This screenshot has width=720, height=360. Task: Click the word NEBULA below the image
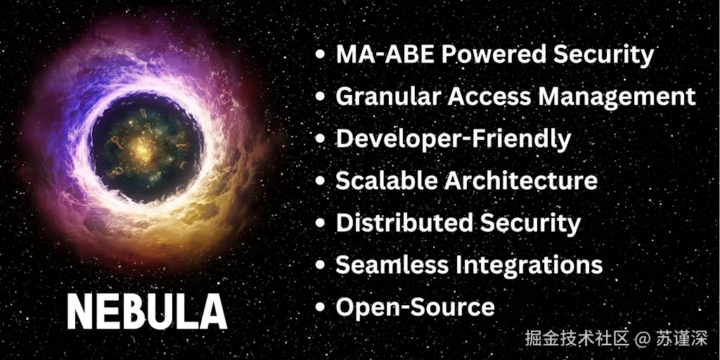tap(147, 311)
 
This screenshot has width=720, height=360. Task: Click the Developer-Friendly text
tap(453, 139)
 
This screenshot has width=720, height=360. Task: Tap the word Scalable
tap(386, 181)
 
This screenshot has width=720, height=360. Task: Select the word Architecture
tap(521, 181)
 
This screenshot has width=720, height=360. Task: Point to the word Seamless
tap(392, 265)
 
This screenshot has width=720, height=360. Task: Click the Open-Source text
tap(415, 307)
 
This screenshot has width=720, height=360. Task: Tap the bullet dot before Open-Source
tap(321, 307)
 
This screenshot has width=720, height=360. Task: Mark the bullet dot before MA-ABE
tap(321, 54)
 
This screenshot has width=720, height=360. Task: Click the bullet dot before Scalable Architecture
tap(321, 181)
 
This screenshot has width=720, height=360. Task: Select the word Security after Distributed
tap(531, 223)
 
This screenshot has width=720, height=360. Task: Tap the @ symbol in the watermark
tap(641, 338)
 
